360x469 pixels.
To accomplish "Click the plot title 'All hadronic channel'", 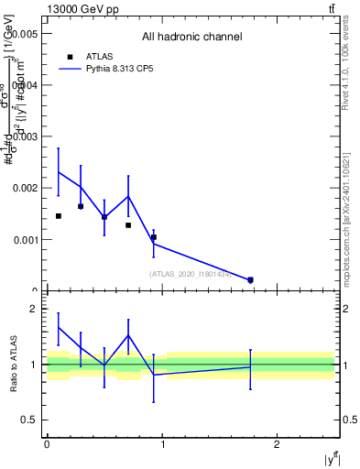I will pyautogui.click(x=191, y=37).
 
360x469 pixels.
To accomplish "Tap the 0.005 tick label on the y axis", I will pyautogui.click(x=23, y=33).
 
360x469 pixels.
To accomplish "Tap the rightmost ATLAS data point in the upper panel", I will pyautogui.click(x=250, y=279).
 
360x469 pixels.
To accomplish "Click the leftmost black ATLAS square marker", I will pyautogui.click(x=59, y=216).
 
